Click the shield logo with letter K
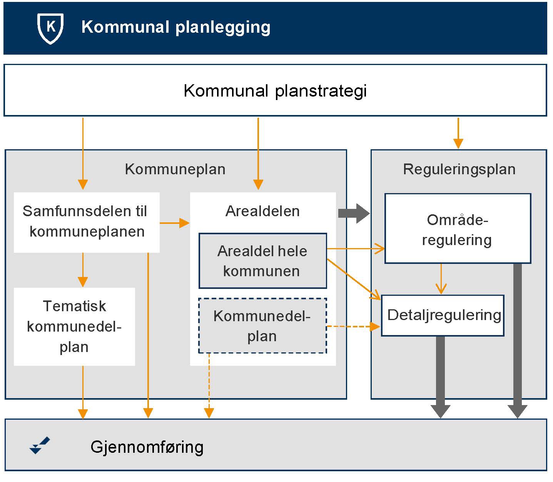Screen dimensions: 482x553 coord(50,28)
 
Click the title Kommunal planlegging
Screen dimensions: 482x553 coord(176,27)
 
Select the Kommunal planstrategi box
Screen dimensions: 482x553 coord(275,91)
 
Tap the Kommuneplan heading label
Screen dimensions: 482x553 coord(175,169)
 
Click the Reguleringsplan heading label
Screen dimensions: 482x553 coord(459,169)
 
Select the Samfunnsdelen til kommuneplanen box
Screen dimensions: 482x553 coord(87,222)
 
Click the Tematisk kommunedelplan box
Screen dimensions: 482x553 coord(74,327)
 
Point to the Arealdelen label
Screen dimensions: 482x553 coord(262,211)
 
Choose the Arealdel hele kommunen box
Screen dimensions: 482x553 coord(262,261)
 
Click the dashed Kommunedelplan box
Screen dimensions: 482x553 coord(262,326)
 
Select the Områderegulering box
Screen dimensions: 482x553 coord(457,229)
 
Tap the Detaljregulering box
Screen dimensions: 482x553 coord(443,315)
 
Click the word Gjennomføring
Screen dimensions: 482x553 coord(147,447)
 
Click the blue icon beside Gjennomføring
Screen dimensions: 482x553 coord(40,445)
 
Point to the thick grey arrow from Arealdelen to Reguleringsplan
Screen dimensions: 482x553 coord(353,213)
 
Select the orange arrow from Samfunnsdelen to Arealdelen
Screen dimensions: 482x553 coord(174,223)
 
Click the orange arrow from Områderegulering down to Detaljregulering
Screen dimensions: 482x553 coord(441,279)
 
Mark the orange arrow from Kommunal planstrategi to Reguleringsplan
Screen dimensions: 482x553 coord(458,133)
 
